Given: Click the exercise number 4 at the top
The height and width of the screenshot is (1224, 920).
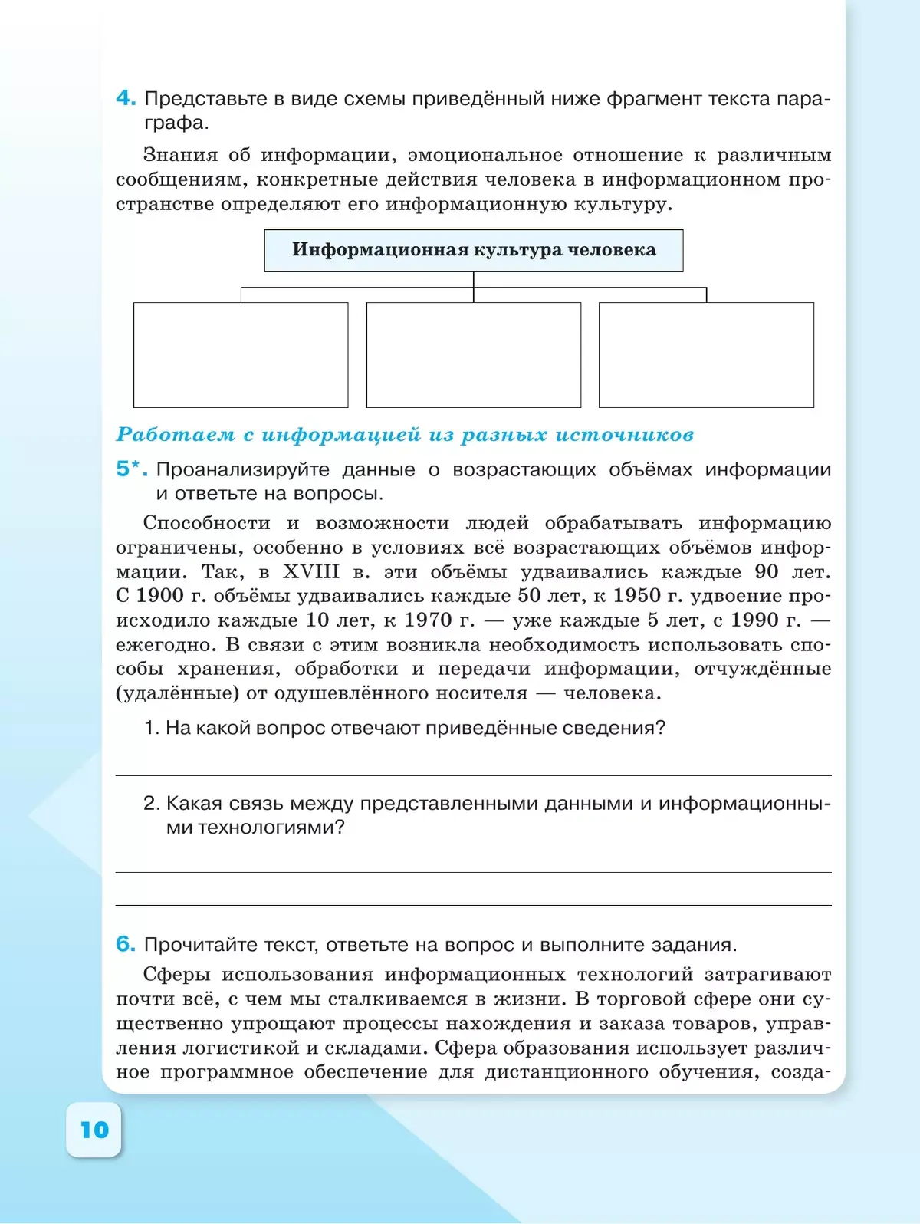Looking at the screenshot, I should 126,99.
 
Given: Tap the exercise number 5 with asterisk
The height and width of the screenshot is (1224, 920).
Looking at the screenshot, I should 131,469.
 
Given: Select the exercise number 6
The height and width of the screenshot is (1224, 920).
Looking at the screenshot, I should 126,945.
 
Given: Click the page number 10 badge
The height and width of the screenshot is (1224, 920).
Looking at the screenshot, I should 94,1130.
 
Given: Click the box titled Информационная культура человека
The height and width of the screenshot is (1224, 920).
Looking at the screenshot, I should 473,250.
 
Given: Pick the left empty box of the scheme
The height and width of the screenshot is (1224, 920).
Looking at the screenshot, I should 241,355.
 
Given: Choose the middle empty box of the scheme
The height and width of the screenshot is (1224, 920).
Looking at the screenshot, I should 473,355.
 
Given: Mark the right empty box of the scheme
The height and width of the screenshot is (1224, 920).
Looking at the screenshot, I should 706,355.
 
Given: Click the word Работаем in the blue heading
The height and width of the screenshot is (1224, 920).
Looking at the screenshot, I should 176,435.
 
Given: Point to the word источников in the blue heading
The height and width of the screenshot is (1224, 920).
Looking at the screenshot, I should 624,435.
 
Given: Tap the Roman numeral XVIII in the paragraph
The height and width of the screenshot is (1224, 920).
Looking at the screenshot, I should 311,572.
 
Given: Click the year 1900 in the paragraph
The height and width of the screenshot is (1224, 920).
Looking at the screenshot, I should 159,596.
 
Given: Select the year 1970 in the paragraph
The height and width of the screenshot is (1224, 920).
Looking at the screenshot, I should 428,620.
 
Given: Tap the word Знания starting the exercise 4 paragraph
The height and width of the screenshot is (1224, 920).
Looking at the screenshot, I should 181,155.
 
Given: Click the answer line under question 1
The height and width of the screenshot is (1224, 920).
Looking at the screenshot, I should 473,775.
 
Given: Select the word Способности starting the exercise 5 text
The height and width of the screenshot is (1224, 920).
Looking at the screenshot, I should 207,523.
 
